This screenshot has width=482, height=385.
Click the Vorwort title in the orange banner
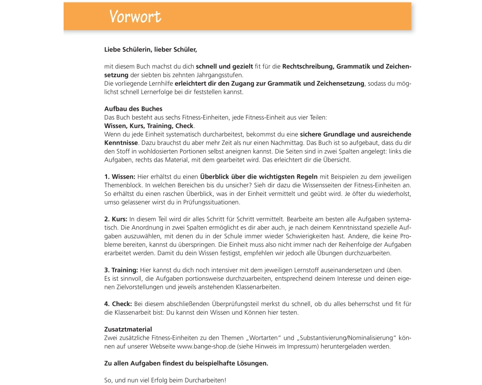pyautogui.click(x=135, y=17)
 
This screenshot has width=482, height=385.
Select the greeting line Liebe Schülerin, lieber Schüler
pyautogui.click(x=150, y=49)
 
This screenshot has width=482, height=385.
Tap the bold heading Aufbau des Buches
pyautogui.click(x=133, y=109)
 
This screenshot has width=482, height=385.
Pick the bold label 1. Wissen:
pyautogui.click(x=120, y=177)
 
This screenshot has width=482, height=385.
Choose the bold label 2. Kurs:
pyautogui.click(x=116, y=219)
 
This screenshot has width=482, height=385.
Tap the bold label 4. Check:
pyautogui.click(x=118, y=304)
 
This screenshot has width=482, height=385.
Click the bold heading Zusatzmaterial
pyautogui.click(x=128, y=330)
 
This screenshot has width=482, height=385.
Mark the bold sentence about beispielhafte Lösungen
pyautogui.click(x=186, y=363)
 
